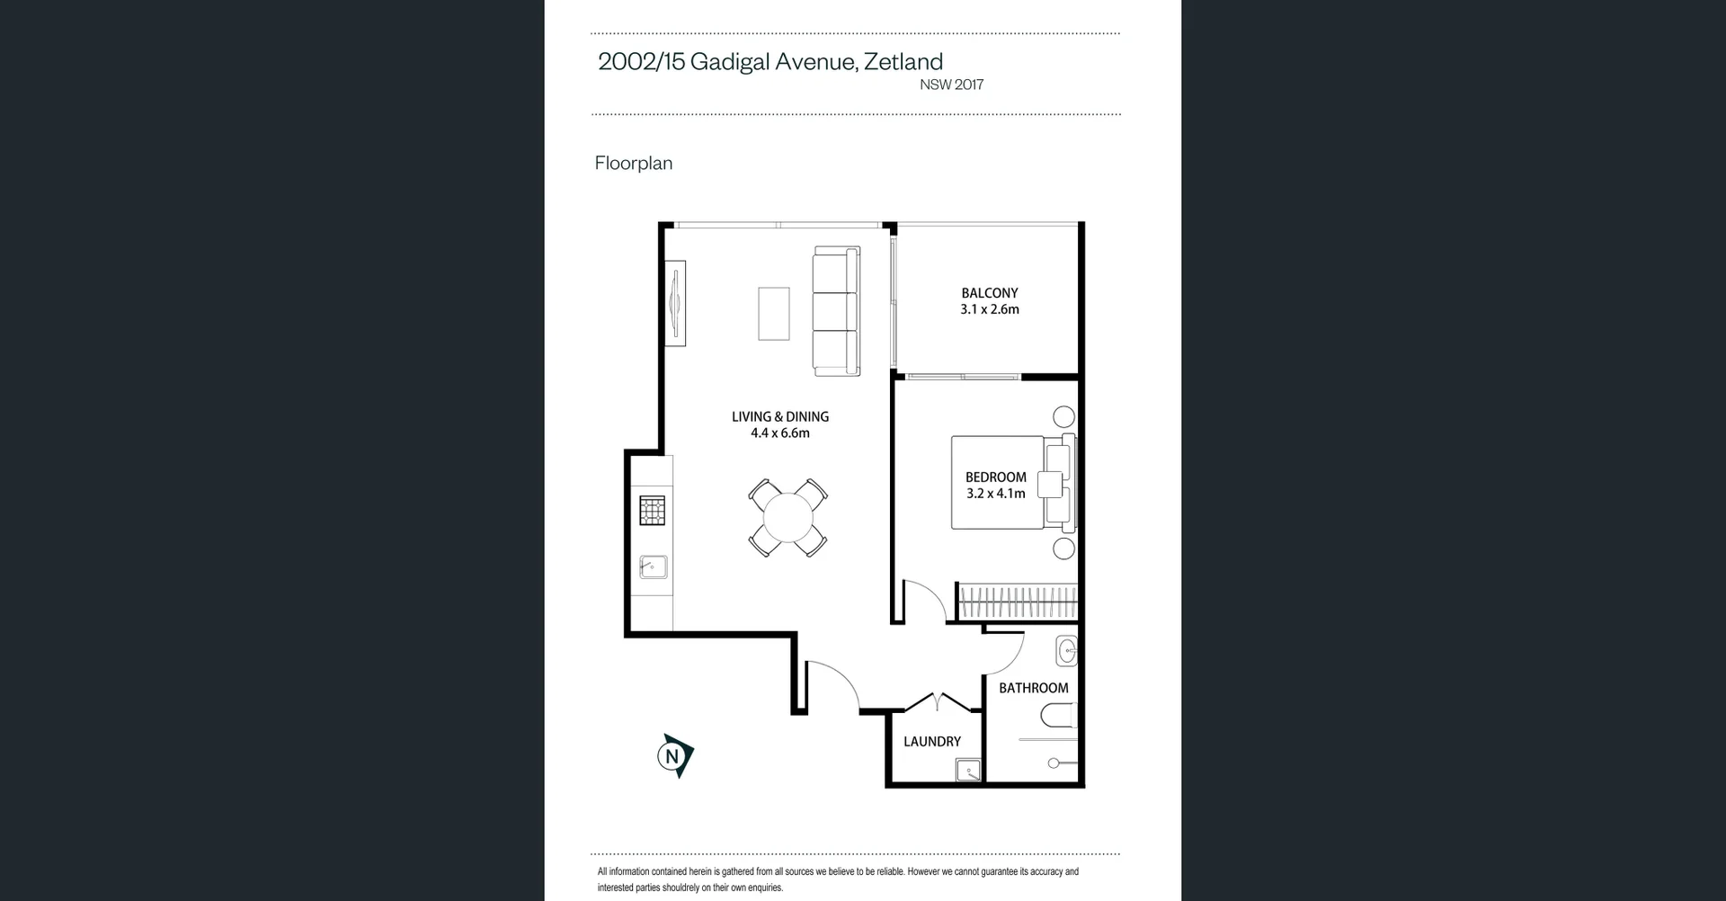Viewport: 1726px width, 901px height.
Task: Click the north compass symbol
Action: pyautogui.click(x=674, y=756)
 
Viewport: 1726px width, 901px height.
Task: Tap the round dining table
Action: pyautogui.click(x=788, y=518)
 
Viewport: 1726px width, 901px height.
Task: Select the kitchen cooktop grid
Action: pyautogui.click(x=653, y=510)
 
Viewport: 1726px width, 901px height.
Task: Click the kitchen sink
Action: pyautogui.click(x=653, y=566)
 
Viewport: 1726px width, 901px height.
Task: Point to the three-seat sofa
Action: pyautogui.click(x=836, y=311)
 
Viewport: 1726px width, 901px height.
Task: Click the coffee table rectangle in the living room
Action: pyautogui.click(x=773, y=314)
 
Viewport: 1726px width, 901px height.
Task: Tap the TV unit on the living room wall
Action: pyautogui.click(x=675, y=303)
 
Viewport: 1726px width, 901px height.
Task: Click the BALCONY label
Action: pyautogui.click(x=989, y=293)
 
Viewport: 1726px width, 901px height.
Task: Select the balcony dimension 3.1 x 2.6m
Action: pyautogui.click(x=989, y=309)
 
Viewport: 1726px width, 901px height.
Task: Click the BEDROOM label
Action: pyautogui.click(x=995, y=477)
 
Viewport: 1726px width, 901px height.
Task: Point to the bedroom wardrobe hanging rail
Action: pyautogui.click(x=1018, y=601)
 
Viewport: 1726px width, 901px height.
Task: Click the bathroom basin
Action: pyautogui.click(x=1067, y=651)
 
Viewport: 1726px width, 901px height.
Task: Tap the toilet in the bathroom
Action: pyautogui.click(x=1058, y=717)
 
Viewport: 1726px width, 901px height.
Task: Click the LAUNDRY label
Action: pyautogui.click(x=931, y=742)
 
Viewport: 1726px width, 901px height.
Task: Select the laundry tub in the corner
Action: pyautogui.click(x=968, y=771)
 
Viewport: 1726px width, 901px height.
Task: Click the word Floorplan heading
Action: pyautogui.click(x=633, y=163)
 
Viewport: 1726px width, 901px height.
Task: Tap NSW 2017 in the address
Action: pyautogui.click(x=951, y=85)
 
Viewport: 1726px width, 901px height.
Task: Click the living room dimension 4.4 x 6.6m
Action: pyautogui.click(x=779, y=433)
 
